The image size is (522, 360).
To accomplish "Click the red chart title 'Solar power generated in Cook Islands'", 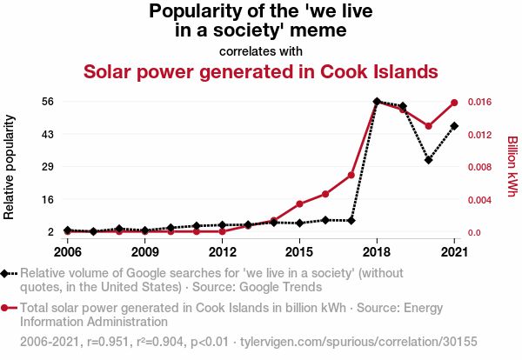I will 260,71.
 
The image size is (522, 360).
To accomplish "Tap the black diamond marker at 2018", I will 377,102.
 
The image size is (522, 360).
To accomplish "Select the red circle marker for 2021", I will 454,103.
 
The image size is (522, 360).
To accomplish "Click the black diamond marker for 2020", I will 428,160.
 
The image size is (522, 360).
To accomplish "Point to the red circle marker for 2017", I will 351,175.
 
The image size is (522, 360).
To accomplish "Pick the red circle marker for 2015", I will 299,204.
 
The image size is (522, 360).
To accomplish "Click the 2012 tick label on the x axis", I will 223,252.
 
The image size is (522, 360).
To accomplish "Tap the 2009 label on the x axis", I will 145,252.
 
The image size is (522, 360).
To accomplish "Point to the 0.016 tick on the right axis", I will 483,102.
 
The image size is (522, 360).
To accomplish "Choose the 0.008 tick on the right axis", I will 483,167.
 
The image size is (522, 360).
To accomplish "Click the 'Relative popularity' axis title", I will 10,166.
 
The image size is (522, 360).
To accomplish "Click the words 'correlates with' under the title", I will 260,50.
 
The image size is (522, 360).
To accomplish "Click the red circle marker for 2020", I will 428,126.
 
